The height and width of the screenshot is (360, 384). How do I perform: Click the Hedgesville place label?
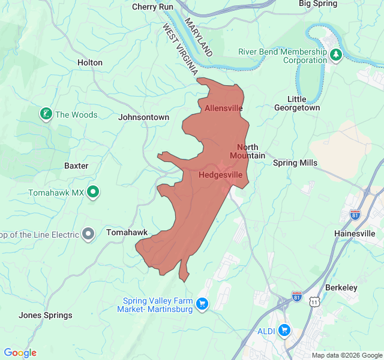click(x=220, y=175)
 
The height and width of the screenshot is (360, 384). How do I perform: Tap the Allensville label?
click(x=223, y=109)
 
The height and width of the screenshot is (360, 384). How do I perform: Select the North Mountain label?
click(x=247, y=152)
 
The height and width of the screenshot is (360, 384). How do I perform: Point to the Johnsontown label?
click(x=144, y=118)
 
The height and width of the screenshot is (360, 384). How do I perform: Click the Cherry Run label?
click(x=152, y=7)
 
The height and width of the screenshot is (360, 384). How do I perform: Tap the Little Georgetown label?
click(x=296, y=103)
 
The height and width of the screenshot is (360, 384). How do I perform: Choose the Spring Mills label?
click(x=295, y=163)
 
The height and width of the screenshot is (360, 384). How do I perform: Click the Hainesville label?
click(x=355, y=233)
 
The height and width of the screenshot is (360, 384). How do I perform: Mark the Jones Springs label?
click(x=46, y=315)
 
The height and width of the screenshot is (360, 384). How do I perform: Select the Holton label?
click(x=90, y=62)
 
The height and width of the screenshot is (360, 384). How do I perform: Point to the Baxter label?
click(x=76, y=166)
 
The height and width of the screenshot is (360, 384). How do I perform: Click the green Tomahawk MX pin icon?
click(x=93, y=192)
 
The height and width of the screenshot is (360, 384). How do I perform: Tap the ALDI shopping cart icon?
click(x=284, y=330)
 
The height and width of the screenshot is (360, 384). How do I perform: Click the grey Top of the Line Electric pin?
click(x=88, y=233)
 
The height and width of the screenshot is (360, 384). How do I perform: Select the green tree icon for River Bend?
click(x=336, y=55)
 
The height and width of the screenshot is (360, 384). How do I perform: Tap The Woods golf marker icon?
click(x=46, y=114)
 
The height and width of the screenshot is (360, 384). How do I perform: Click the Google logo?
click(x=20, y=353)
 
